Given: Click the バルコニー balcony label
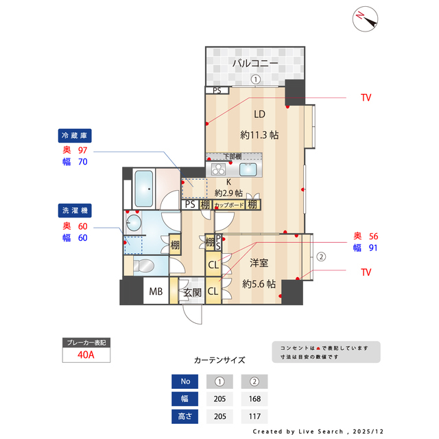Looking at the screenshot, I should click(254, 63).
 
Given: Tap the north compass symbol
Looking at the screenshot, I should click(366, 19).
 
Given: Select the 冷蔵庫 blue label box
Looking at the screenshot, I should click(75, 135).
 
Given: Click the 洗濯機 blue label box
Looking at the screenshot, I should click(75, 210).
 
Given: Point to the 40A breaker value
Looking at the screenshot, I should click(87, 355).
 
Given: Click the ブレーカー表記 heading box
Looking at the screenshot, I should click(87, 342).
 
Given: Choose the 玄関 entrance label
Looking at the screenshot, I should click(191, 293).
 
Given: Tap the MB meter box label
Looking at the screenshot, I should click(156, 293).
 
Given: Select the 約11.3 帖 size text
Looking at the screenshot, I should click(259, 135).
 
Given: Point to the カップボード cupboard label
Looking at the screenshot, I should click(229, 204).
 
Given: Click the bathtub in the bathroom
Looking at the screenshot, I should click(145, 188).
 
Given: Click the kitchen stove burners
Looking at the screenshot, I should click(219, 169).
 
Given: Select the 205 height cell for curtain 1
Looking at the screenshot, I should click(219, 416).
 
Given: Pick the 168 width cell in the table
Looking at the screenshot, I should click(254, 399).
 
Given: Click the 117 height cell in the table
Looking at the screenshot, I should click(254, 416).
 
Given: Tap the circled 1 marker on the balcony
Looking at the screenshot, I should click(255, 79).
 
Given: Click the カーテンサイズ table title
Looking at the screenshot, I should click(219, 359).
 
